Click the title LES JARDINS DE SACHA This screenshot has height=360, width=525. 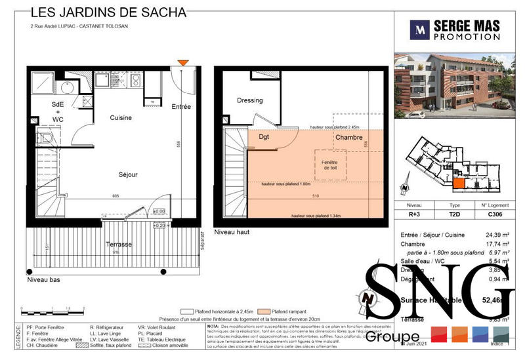108,12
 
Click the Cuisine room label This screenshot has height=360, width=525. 121,118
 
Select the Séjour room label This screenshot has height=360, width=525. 128,175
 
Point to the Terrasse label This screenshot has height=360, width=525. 119,244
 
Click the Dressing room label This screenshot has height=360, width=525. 249,100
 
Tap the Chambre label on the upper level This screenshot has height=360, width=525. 349,138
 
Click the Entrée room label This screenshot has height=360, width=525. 181,106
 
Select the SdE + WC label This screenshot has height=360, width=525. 58,112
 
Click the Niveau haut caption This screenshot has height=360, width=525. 232,232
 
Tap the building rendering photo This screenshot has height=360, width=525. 453,87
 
